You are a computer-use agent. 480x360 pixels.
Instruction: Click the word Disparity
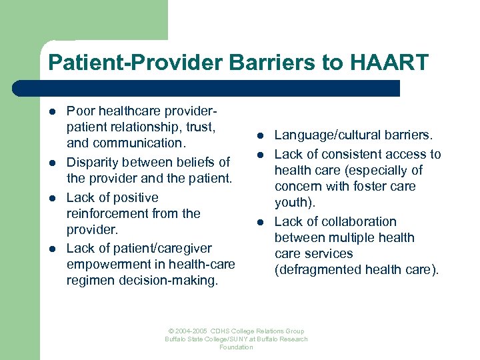click(92, 162)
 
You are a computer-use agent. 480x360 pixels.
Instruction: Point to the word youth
click(291, 203)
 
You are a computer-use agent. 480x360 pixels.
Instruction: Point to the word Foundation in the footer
click(236, 347)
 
